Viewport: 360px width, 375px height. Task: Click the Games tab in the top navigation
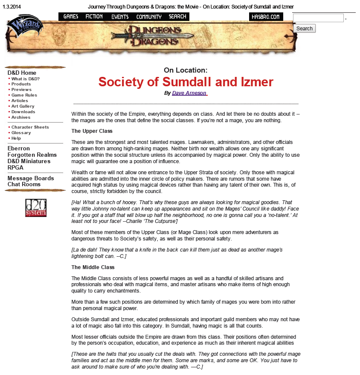coord(71,17)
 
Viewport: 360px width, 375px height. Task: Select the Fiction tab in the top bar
coord(94,17)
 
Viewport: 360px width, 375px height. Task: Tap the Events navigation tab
coord(120,17)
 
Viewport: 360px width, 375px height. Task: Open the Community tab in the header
coord(149,17)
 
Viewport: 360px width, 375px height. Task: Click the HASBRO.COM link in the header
coord(266,17)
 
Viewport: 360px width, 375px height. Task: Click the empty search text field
coord(318,18)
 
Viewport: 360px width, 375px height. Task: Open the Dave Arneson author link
coord(189,93)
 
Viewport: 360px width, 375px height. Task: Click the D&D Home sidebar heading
coord(22,73)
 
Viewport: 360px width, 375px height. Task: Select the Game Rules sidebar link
coord(24,95)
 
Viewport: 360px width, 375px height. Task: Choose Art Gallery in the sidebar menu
coord(23,106)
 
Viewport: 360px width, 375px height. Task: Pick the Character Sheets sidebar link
coord(30,127)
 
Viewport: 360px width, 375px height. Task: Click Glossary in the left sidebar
coord(21,133)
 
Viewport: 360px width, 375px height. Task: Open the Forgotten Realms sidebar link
coord(32,155)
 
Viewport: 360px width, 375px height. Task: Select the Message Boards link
coord(31,178)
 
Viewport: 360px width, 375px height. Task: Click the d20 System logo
coord(36,208)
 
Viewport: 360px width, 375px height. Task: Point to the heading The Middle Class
coord(93,267)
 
